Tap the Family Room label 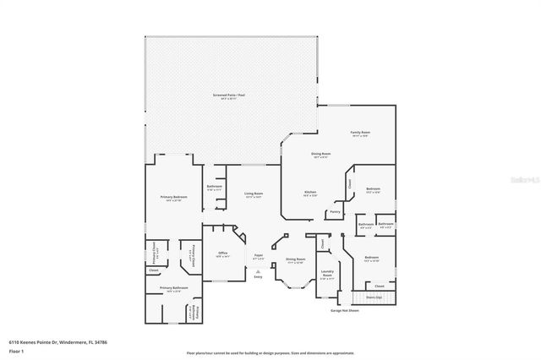coord(361,133)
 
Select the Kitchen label coord(310,194)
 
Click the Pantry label coord(335,212)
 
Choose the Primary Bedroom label coord(172,197)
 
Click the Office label coord(223,253)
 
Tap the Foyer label coord(259,254)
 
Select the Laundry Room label coord(328,274)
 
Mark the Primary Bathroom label coord(174,288)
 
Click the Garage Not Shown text coord(346,310)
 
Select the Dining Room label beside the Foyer coord(295,259)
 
